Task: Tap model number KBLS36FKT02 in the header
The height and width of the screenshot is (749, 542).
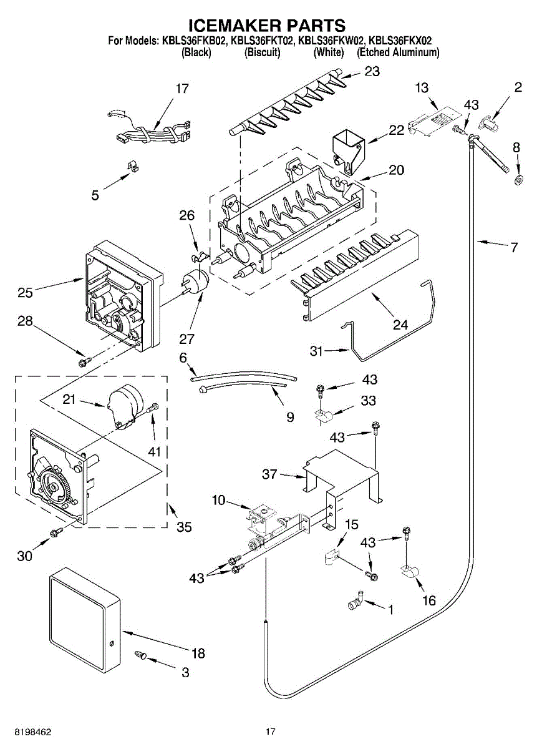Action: coord(261,41)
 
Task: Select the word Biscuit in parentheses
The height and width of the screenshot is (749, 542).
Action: coord(262,53)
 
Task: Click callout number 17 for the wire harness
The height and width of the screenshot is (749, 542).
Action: coord(181,89)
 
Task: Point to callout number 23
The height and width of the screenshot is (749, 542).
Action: coord(372,72)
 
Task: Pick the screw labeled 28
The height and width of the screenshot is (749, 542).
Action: coord(83,361)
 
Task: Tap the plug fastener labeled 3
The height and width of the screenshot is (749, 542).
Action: coord(141,655)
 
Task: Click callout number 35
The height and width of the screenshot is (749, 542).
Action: coord(183,527)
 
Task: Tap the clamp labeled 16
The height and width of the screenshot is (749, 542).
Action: coord(409,570)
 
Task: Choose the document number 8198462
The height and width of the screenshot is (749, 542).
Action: coord(27,732)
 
